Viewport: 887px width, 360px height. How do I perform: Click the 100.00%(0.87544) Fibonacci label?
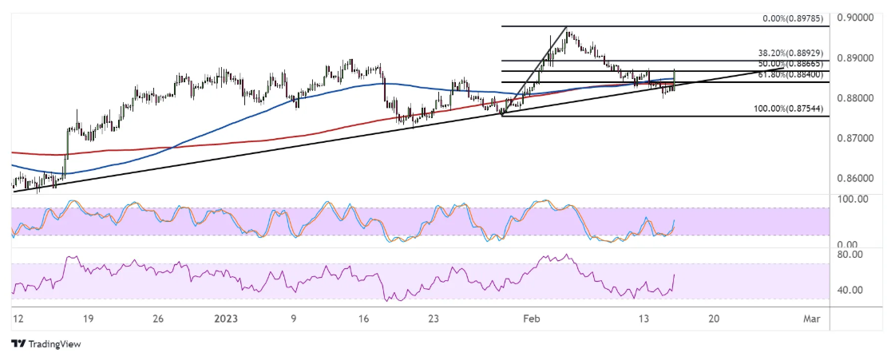click(786, 108)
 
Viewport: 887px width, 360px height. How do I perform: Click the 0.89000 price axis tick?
click(858, 58)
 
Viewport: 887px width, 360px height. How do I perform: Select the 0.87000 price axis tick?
click(858, 138)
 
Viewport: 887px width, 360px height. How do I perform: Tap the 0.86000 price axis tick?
click(858, 178)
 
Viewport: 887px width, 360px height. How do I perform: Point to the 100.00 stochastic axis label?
click(856, 199)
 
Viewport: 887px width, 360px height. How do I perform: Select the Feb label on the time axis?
click(530, 318)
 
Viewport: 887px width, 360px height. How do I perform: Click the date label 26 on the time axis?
click(157, 318)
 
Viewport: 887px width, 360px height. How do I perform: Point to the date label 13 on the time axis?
click(643, 318)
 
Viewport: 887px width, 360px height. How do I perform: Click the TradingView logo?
click(46, 344)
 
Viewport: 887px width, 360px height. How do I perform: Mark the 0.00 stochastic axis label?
click(851, 245)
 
